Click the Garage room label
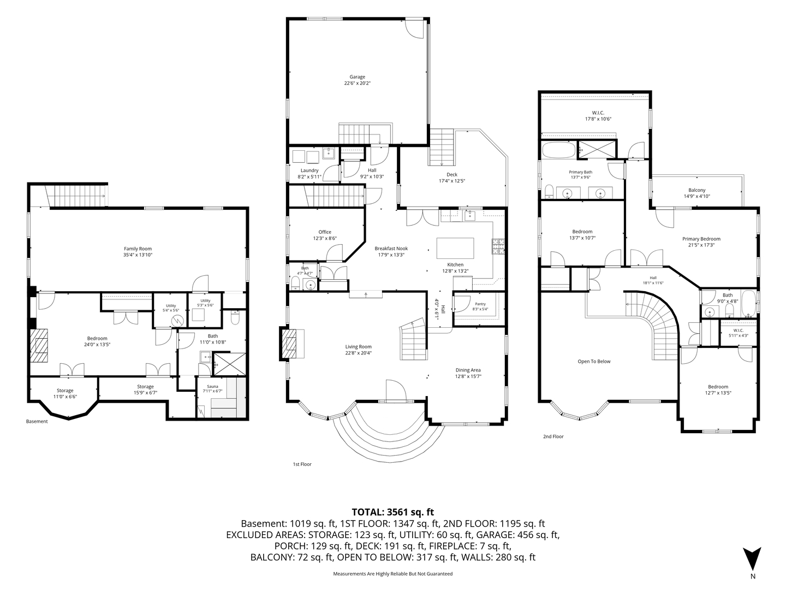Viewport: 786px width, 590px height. tap(357, 76)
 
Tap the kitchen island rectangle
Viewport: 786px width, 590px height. tap(455, 248)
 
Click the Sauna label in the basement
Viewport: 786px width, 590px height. tap(212, 387)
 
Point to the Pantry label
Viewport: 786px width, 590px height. tap(480, 304)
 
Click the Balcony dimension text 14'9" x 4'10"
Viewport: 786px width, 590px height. tap(696, 196)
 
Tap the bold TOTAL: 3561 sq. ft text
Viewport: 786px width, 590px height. tap(393, 511)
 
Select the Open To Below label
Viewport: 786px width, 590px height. tap(594, 361)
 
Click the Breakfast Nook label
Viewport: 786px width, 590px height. tap(391, 248)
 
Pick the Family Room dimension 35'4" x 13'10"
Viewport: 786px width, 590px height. tap(138, 255)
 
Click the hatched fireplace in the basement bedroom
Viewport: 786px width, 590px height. tap(38, 345)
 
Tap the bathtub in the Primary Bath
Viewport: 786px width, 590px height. tap(558, 150)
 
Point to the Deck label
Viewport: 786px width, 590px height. tap(451, 174)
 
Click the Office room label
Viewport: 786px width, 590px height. tap(325, 232)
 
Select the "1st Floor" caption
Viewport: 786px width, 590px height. tap(302, 464)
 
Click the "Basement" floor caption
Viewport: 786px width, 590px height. tap(37, 421)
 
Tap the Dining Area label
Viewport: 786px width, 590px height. tap(468, 370)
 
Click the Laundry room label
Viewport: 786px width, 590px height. tap(309, 170)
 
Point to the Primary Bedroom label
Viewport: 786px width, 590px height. tap(701, 239)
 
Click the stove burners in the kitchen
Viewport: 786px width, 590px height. tap(498, 246)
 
